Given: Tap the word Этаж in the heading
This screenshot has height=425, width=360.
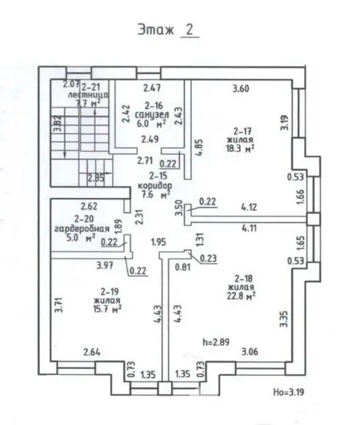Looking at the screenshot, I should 157,31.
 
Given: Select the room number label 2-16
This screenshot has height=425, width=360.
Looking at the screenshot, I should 154,106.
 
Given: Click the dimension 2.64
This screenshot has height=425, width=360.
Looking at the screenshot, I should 92,352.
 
